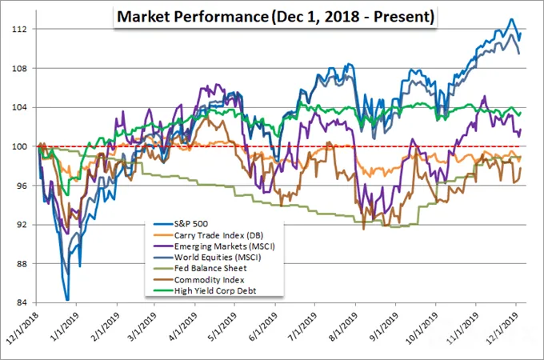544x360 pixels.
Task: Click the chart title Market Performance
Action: tap(193, 17)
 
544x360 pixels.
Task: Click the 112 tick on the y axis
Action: tap(19, 29)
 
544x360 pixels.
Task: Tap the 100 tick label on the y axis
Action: tap(19, 146)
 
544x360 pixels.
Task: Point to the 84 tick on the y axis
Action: tap(22, 302)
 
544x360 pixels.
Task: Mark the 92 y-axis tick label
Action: tap(22, 225)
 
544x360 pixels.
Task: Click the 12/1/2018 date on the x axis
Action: tap(23, 327)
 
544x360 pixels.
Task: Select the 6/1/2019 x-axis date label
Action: tap(263, 327)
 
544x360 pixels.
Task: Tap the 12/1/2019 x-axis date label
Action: tap(503, 327)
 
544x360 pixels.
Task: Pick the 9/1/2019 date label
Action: tap(383, 327)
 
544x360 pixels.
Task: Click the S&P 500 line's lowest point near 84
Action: tap(67, 300)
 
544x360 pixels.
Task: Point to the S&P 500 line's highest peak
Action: tap(510, 19)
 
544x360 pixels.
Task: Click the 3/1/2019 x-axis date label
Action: tap(142, 327)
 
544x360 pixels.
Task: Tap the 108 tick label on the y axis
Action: tap(19, 68)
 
